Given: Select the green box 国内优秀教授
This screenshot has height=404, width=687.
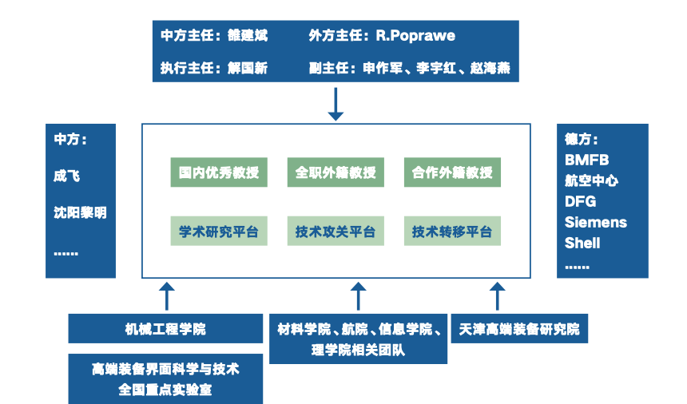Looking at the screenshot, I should [219, 172].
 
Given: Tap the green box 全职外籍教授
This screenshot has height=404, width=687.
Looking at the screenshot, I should [336, 172].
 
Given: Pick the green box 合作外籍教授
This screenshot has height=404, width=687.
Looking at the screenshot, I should [452, 172].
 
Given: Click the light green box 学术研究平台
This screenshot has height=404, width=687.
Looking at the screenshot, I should [219, 232].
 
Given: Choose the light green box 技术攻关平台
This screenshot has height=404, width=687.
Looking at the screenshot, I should [336, 232].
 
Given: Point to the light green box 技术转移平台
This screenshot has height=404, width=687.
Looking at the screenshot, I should [452, 232].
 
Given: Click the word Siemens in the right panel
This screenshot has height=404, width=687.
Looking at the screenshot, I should [596, 222].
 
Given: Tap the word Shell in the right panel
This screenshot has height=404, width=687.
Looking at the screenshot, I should [582, 243].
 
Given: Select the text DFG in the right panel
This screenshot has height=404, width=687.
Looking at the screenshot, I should [581, 201].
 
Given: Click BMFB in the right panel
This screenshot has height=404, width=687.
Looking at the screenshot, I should [587, 160].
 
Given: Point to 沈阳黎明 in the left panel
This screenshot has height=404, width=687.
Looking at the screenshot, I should [80, 212].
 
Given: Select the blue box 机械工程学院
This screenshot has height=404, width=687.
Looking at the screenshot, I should [165, 329].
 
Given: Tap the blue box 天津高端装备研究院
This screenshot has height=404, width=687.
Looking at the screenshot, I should [519, 329].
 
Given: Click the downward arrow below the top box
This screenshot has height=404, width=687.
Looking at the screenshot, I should [336, 104].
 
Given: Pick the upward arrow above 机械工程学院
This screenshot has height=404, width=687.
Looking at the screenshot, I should [166, 295].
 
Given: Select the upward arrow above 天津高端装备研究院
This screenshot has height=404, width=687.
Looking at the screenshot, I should [498, 295].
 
